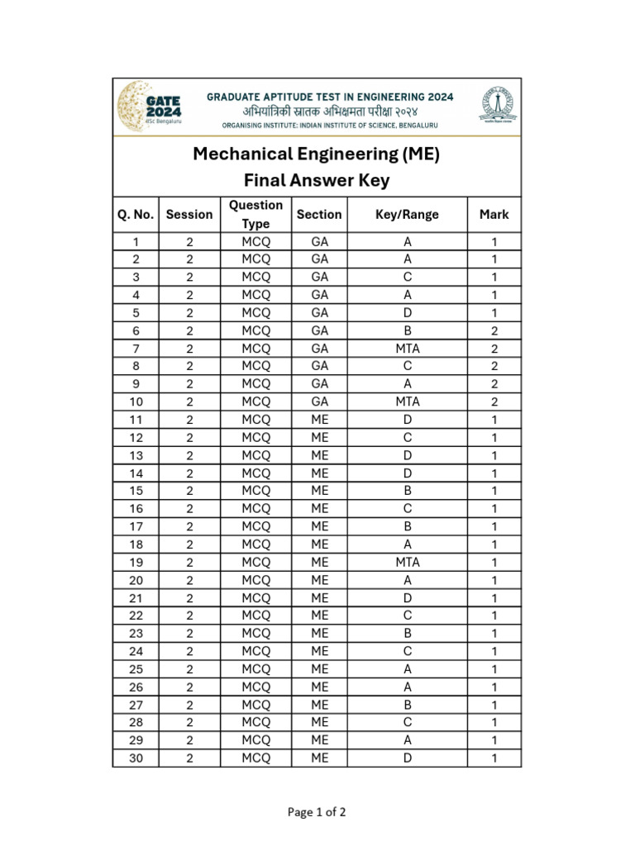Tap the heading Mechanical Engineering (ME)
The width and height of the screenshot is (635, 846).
pyautogui.click(x=317, y=154)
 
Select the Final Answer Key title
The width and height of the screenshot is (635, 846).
pyautogui.click(x=317, y=181)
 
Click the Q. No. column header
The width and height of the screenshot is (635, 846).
pyautogui.click(x=136, y=215)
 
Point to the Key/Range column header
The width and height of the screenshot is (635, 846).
pyautogui.click(x=407, y=215)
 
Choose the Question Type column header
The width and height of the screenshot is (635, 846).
pyautogui.click(x=255, y=215)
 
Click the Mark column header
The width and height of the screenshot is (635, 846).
pyautogui.click(x=494, y=215)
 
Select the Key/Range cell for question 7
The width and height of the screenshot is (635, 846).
pyautogui.click(x=407, y=349)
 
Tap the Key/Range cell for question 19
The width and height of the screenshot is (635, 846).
pyautogui.click(x=407, y=562)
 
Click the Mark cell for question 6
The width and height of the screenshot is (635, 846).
pyautogui.click(x=494, y=330)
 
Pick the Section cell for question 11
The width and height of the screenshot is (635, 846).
pyautogui.click(x=319, y=420)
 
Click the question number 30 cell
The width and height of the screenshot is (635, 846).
pyautogui.click(x=136, y=758)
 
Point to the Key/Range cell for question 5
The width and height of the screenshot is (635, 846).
pyautogui.click(x=407, y=313)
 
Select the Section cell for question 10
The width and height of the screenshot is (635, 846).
pyautogui.click(x=319, y=402)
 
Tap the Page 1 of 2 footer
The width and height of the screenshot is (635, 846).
pyautogui.click(x=317, y=812)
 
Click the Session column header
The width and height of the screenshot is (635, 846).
pyautogui.click(x=189, y=215)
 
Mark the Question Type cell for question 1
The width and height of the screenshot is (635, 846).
pyautogui.click(x=255, y=242)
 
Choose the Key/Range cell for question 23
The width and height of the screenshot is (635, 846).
pyautogui.click(x=407, y=634)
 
